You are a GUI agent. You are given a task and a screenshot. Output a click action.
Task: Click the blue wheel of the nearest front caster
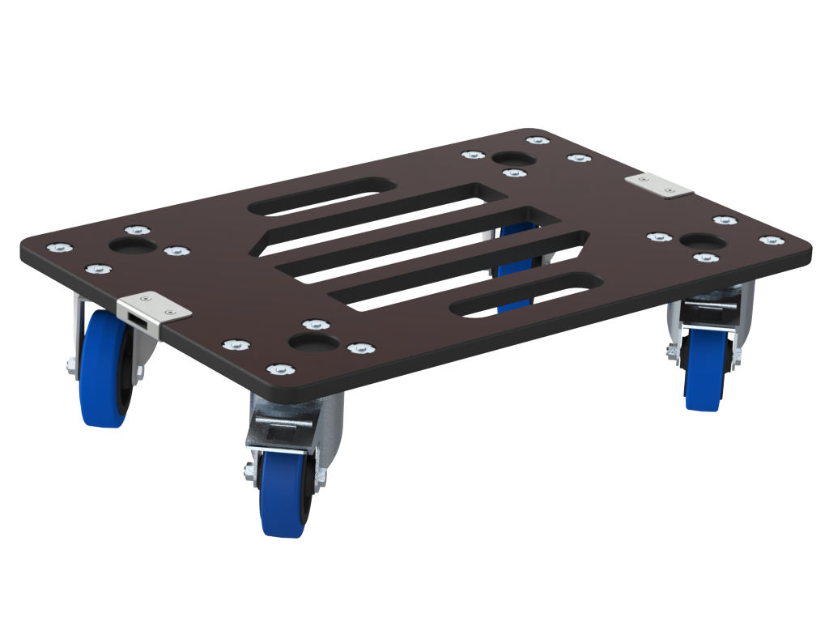[283, 494]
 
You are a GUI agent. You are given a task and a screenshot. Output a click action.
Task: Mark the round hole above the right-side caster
[703, 242]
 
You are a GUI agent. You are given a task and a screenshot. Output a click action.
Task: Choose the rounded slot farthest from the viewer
[322, 196]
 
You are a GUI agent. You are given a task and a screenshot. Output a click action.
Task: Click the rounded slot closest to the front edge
[526, 294]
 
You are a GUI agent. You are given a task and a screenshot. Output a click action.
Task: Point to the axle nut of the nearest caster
[247, 470]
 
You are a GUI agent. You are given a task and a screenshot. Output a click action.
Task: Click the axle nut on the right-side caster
[671, 350]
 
